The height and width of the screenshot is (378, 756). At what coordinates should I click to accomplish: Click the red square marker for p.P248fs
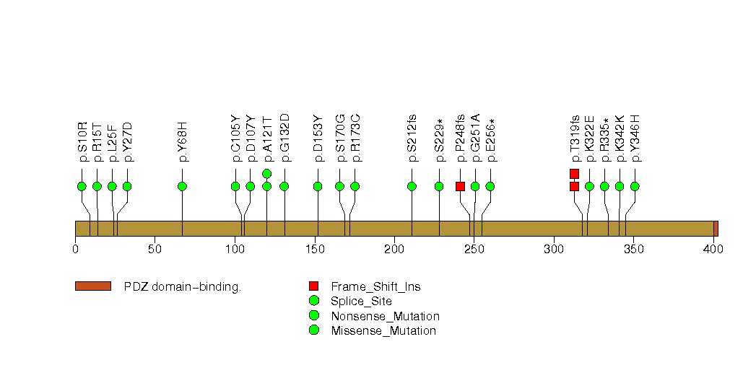tap(460, 186)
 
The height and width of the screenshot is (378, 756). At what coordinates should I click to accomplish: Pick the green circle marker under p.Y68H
tap(182, 186)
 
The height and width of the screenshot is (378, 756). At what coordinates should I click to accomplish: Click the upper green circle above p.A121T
tap(266, 173)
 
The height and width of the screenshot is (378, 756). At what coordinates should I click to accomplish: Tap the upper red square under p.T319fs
tap(574, 173)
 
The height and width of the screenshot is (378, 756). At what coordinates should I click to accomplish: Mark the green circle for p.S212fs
tap(412, 186)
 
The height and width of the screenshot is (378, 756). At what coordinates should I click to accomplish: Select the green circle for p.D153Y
tap(318, 186)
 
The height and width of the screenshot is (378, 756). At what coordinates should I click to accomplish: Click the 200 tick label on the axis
tap(394, 250)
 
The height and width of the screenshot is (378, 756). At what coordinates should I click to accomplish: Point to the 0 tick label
tap(75, 250)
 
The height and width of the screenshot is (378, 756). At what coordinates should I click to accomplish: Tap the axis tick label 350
tap(633, 250)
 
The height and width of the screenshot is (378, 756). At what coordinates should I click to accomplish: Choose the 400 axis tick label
tap(713, 250)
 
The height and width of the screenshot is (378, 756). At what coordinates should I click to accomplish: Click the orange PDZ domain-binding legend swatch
tap(92, 286)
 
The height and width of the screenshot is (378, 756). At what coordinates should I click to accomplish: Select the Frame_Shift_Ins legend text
tap(375, 286)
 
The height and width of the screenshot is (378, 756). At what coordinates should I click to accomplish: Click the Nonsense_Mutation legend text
tap(385, 316)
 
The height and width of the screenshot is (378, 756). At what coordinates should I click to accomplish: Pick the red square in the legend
tap(313, 286)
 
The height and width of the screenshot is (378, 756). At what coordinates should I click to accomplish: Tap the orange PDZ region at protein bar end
tap(716, 229)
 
